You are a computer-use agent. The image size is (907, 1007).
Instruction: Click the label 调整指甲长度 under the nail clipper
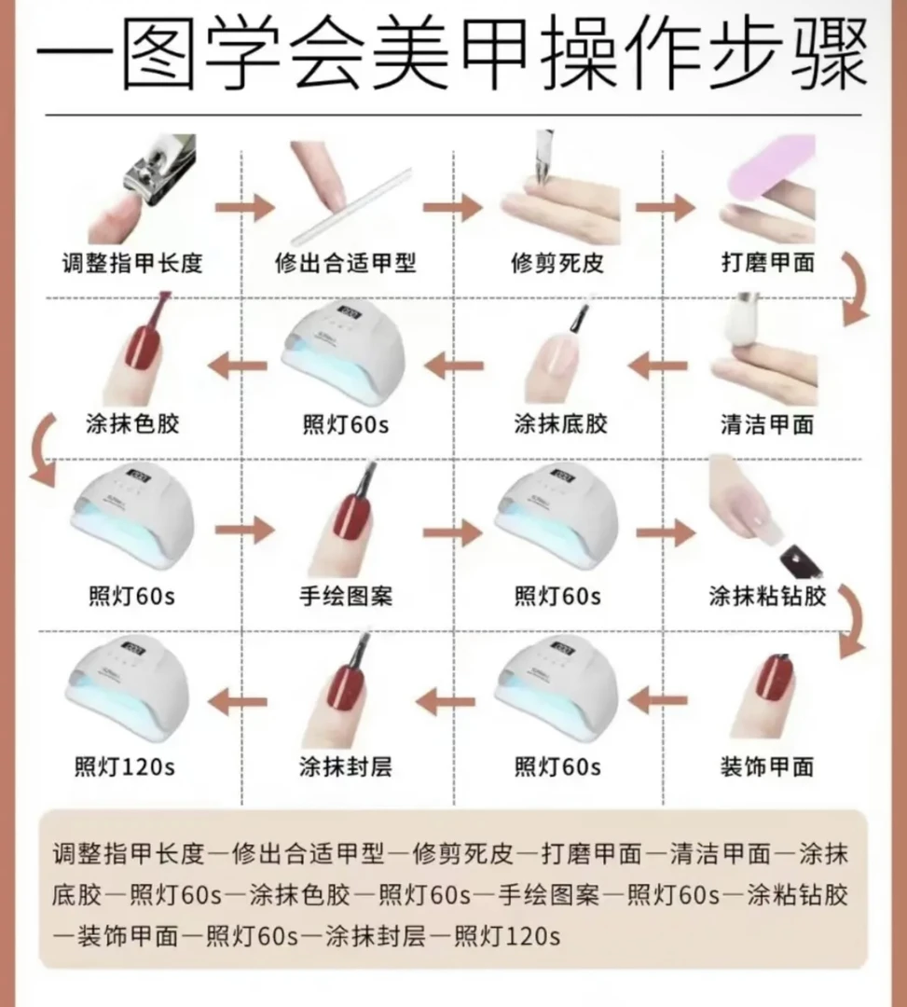tap(131, 262)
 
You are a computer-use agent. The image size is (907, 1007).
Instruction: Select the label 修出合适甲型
tap(346, 262)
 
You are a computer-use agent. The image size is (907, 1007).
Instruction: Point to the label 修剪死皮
tap(557, 262)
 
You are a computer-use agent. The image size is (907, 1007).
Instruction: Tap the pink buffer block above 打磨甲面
tap(764, 172)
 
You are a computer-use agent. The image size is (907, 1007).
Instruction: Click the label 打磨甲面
tap(767, 262)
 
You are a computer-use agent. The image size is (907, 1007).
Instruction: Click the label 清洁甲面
tap(767, 424)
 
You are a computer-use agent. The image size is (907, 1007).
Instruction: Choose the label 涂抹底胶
tap(560, 424)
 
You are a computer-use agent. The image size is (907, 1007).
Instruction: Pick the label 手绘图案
tap(345, 595)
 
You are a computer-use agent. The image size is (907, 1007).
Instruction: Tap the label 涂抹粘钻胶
tap(767, 595)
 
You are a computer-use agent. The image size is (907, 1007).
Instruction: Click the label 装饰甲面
tap(767, 766)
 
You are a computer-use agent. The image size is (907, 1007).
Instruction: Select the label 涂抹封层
tap(345, 766)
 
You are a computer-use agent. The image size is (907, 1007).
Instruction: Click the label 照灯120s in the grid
tap(125, 766)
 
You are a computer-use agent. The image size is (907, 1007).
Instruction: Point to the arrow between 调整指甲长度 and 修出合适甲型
tap(244, 207)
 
